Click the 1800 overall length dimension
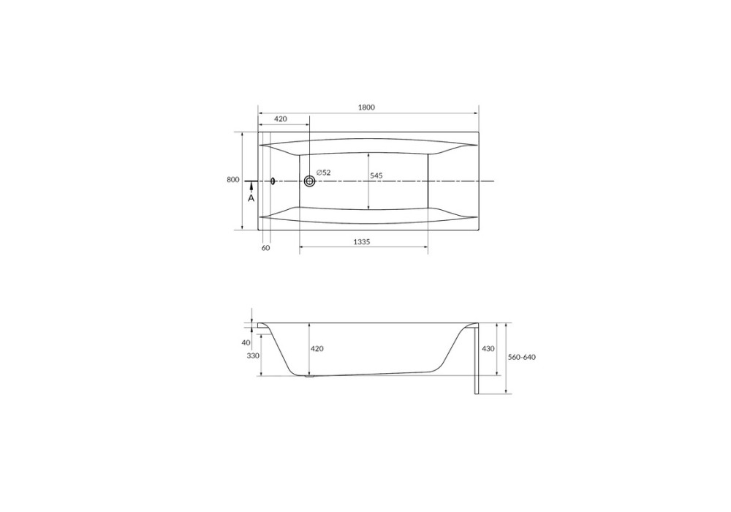[x=366, y=108]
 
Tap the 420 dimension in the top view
[x=280, y=119]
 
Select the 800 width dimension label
[x=233, y=179]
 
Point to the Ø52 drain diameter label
[x=324, y=173]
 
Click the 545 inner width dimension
[x=376, y=176]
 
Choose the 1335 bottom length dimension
[x=361, y=241]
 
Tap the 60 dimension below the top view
[x=265, y=248]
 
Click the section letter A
[x=251, y=198]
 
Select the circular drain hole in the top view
[x=309, y=181]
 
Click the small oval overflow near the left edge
[x=273, y=181]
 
